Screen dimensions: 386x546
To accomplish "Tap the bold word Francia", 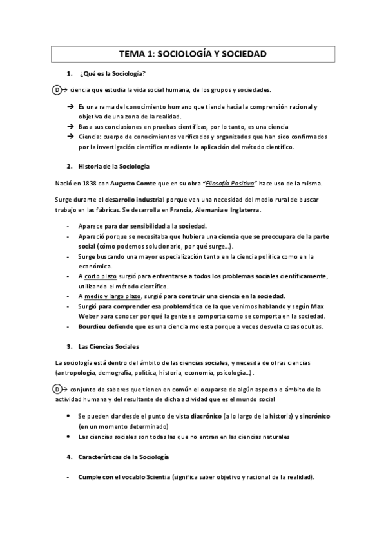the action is [x=184, y=211].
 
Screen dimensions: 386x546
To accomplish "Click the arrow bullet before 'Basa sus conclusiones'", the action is [x=70, y=127].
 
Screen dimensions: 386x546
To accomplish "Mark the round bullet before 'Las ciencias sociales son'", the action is [x=70, y=437].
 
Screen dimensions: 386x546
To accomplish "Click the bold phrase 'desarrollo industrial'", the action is [x=141, y=200].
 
